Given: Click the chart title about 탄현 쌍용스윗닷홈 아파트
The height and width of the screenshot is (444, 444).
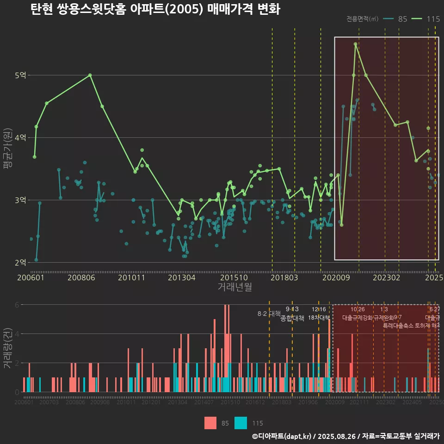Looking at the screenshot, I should point(155,10).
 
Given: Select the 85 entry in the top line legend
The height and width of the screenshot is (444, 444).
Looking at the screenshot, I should point(402,19).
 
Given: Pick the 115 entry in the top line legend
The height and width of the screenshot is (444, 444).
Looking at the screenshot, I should point(433,19).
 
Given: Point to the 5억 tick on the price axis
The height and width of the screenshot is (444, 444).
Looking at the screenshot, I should point(21,75).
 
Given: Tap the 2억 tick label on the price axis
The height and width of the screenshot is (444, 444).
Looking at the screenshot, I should point(21,263).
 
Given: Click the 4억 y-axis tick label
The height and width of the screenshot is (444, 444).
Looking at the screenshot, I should point(21,137).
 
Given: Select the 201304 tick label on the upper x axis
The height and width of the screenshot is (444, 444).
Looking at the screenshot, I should point(181,277).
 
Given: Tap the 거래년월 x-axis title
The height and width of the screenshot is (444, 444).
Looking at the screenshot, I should point(234,287).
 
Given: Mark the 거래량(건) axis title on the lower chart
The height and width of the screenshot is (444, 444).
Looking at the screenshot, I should point(7,348).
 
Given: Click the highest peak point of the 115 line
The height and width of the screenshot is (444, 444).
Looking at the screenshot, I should point(355,44).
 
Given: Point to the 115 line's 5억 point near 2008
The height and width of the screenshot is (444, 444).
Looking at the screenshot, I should point(90,75).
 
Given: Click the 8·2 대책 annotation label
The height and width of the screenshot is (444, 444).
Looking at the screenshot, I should point(269,314).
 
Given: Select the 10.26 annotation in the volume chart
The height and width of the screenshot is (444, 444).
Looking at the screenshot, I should point(358,309).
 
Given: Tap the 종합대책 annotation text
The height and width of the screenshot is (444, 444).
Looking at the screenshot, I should point(292,318).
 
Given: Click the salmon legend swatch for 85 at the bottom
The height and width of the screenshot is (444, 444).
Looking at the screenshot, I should point(210,423).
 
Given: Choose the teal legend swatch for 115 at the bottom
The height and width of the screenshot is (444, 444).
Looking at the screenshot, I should point(240,423).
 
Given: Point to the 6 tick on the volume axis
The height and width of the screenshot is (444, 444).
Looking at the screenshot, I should point(17,305).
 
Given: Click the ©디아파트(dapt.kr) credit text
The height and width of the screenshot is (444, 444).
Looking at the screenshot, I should point(282,436).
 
